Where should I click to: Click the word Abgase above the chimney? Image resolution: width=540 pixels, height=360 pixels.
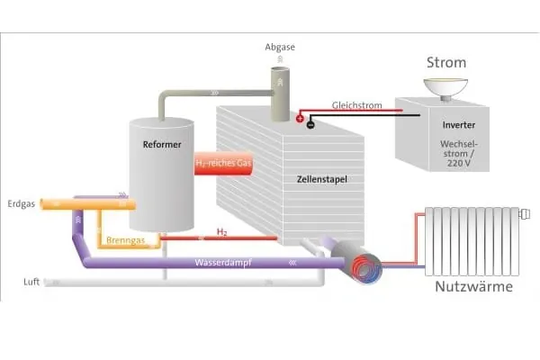click(280, 46)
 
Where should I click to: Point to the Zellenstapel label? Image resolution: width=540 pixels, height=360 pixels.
click(321, 180)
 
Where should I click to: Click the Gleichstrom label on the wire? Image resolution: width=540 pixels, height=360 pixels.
click(356, 105)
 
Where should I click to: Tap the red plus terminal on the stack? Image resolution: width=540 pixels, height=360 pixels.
click(300, 116)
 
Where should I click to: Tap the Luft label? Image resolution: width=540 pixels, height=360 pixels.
click(31, 282)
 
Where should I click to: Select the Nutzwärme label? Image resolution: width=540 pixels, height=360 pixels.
click(473, 287)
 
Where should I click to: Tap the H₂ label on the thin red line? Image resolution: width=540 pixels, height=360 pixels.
click(222, 232)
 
